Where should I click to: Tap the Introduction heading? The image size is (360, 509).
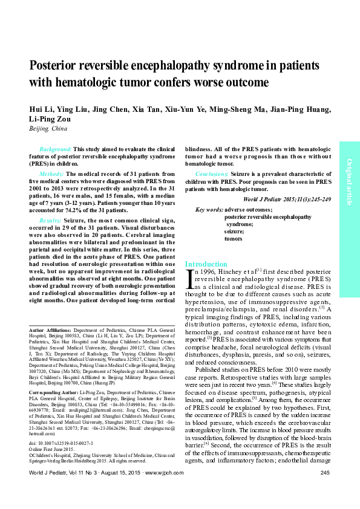(206, 264)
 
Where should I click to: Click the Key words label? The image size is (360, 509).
(209, 209)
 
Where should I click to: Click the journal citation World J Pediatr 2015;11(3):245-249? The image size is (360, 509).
(287, 199)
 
